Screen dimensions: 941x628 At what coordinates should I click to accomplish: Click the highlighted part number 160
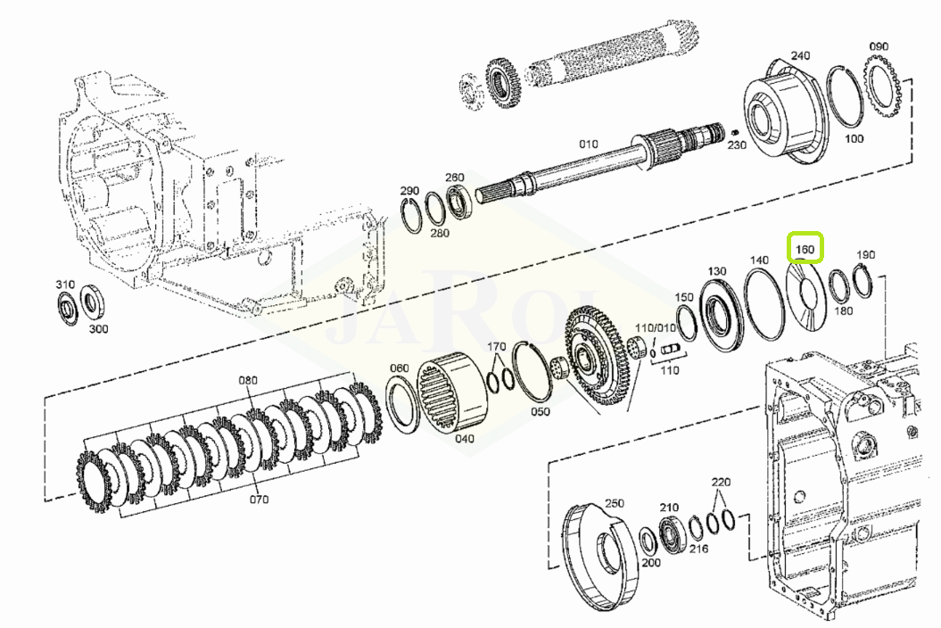coord(805,249)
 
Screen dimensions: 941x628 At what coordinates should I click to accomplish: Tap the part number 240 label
coord(800,55)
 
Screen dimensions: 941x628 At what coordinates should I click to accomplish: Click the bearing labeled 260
coord(461,200)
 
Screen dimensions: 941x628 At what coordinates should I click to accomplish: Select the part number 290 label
coord(409,190)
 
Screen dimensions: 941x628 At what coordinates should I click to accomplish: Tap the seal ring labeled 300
coord(91,302)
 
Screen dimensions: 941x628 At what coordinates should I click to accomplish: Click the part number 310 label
coord(65,284)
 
